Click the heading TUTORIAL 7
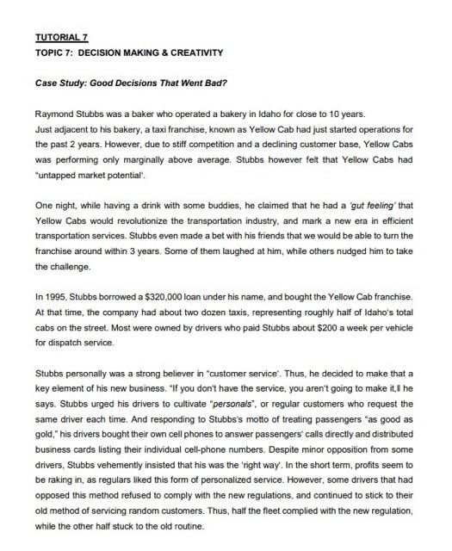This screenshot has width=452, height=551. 61,39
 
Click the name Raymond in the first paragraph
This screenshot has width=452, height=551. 56,114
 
